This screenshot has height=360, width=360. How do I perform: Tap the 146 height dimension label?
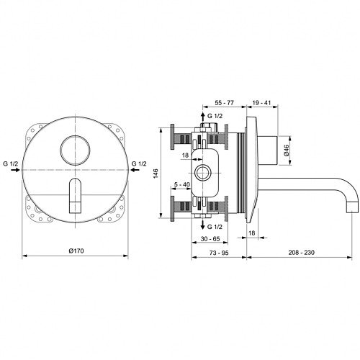(x=156, y=174)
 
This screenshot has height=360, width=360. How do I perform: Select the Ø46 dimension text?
(x=287, y=150)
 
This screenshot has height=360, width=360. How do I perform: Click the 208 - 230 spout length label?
(x=302, y=253)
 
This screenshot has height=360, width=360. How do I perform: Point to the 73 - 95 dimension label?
(x=219, y=253)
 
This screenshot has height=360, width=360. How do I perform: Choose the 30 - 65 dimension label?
(x=210, y=239)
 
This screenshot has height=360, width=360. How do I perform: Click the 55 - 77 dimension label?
(x=224, y=103)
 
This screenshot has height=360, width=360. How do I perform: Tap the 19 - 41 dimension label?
(x=261, y=103)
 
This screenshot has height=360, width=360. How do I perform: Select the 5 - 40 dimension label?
(x=181, y=184)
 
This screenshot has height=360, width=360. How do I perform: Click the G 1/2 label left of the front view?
(x=11, y=163)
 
